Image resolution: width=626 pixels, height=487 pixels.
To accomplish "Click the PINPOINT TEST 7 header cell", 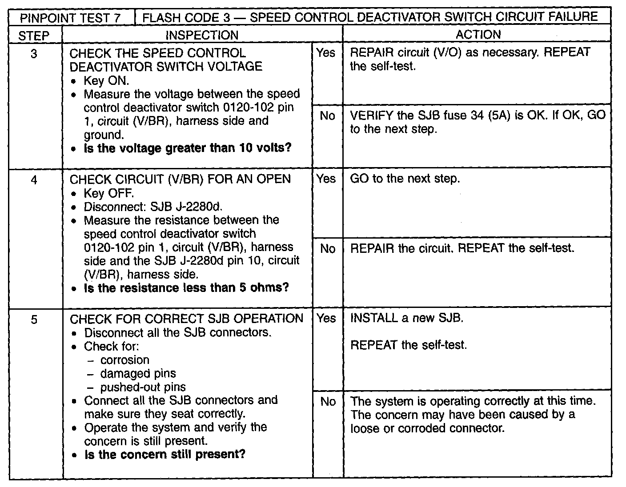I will click(x=71, y=17).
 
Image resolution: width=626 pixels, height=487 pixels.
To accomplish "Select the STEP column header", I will click(x=34, y=35).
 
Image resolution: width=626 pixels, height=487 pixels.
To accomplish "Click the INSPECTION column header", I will click(x=202, y=35).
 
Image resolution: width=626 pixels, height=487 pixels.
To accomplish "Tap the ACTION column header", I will click(x=478, y=35).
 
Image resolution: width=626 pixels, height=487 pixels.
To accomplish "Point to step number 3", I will click(x=34, y=54).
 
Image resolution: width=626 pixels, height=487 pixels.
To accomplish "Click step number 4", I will click(x=34, y=180).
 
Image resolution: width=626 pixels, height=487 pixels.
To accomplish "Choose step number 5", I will click(x=34, y=319).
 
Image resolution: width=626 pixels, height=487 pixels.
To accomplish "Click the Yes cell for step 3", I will click(x=326, y=53).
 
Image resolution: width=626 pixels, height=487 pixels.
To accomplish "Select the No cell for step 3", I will click(x=327, y=116).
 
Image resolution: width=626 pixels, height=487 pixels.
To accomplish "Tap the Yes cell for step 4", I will click(x=326, y=179).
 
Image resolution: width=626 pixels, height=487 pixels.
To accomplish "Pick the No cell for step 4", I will click(x=327, y=249).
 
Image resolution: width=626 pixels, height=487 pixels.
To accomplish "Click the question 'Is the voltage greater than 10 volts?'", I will click(x=187, y=148).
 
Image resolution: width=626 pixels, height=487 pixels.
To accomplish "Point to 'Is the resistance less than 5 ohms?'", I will click(x=186, y=288).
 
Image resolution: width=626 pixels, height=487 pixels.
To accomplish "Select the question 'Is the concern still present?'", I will click(x=165, y=455).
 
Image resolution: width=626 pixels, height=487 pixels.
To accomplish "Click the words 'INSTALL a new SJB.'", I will click(x=406, y=318).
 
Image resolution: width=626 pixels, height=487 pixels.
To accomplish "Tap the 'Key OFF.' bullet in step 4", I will click(x=108, y=193).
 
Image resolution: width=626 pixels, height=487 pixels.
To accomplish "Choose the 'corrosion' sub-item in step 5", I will click(x=124, y=360).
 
